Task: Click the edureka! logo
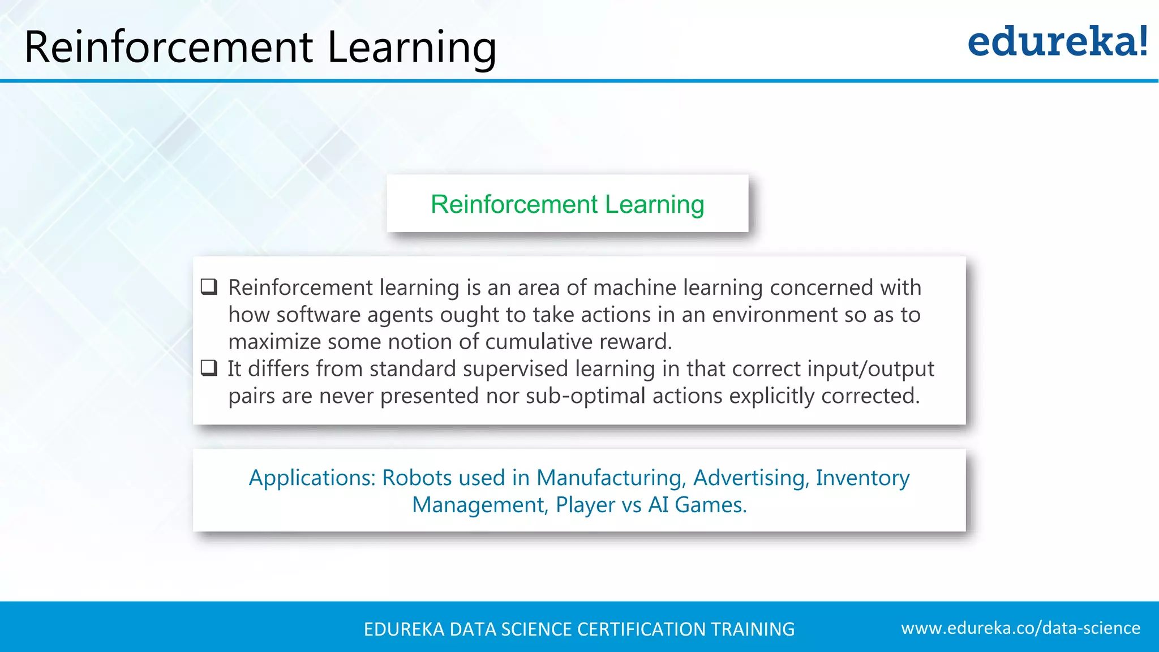coord(1057,42)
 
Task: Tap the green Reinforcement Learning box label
coord(567,204)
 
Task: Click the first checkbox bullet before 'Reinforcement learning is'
coord(209,287)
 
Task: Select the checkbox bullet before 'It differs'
coord(209,368)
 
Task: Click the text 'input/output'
coord(870,369)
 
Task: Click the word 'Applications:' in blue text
coord(312,478)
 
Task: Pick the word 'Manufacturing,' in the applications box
coord(611,478)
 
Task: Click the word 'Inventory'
coord(862,478)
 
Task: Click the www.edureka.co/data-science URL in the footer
coord(1020,628)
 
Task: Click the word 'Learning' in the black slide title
coord(411,48)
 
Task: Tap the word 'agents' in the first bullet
coord(400,315)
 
